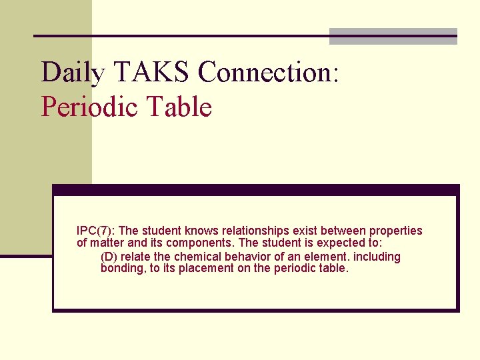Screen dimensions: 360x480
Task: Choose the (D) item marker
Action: [109, 257]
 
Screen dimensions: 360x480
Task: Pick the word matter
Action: [106, 243]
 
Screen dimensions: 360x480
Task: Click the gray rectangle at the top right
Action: [393, 37]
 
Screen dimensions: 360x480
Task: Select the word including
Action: [378, 257]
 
